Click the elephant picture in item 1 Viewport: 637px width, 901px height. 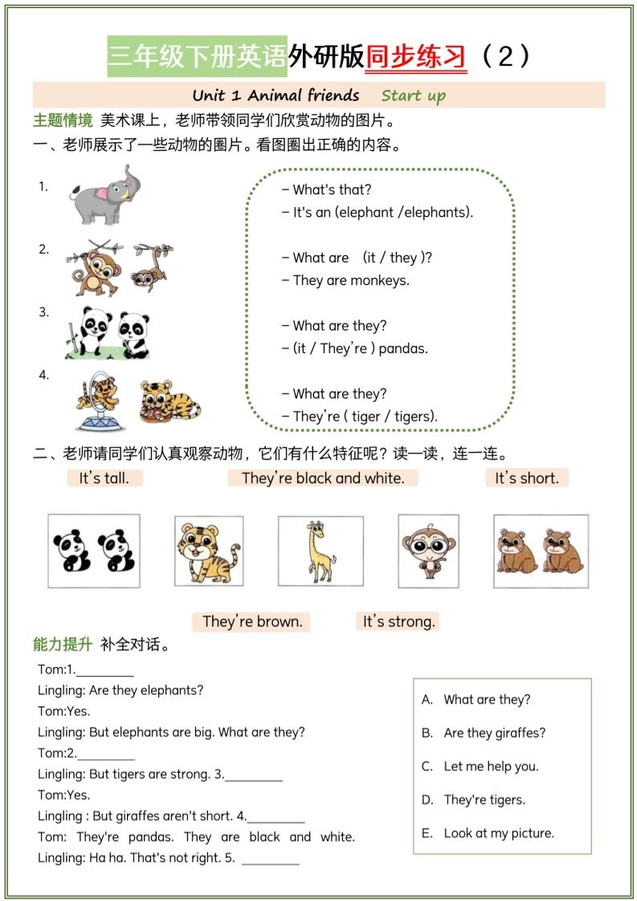pos(100,195)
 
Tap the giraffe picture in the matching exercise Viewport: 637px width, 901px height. pos(321,551)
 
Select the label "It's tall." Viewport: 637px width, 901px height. pos(104,478)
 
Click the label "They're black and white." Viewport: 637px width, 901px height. pos(323,478)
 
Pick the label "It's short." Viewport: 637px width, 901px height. pos(526,478)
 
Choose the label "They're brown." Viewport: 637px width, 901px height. pos(252,622)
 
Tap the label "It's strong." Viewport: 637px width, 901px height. pos(398,622)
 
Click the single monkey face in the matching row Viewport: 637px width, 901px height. pos(428,550)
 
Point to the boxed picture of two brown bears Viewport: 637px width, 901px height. pos(540,551)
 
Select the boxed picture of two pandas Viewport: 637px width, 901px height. pos(93,551)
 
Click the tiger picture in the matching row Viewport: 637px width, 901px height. pos(208,551)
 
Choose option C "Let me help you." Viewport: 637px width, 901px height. pos(491,766)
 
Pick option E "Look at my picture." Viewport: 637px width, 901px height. pos(499,833)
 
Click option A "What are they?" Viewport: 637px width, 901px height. pos(487,699)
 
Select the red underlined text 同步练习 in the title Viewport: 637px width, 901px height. pos(416,57)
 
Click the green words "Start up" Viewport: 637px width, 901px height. pos(413,96)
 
